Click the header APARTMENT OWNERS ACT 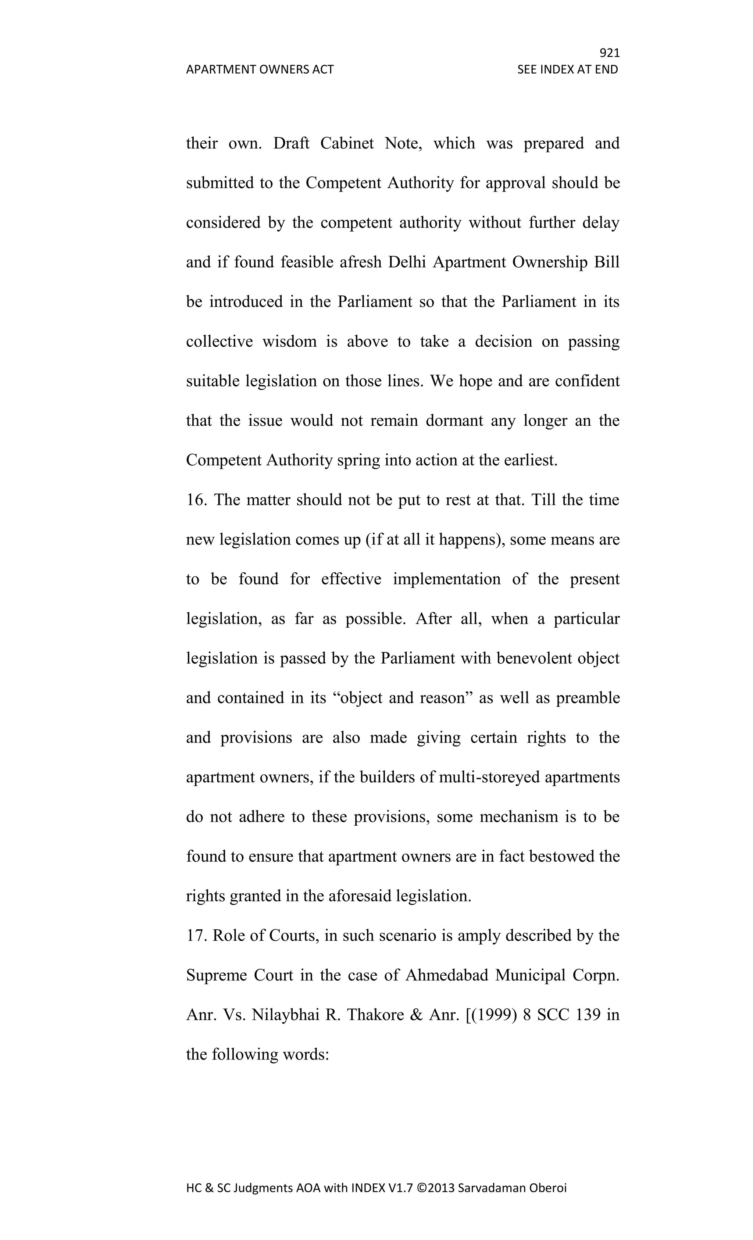260,69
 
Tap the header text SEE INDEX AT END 567,69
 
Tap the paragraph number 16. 196,500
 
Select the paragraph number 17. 196,936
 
